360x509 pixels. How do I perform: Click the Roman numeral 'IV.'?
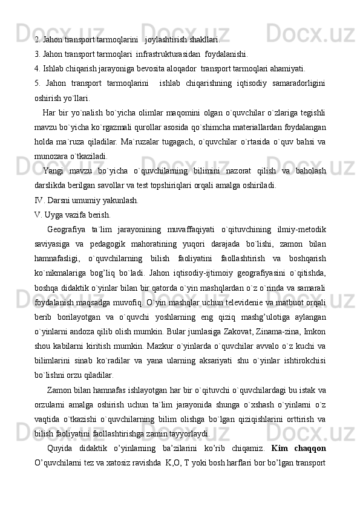(x=40, y=200)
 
